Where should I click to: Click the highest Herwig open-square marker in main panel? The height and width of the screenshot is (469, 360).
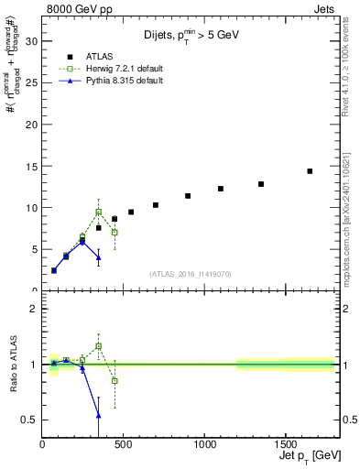98,212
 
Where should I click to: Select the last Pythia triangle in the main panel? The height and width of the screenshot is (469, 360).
98,257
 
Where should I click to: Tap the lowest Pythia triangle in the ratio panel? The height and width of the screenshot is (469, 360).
98,415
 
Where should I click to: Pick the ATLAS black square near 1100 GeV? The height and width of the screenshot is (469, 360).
221,189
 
